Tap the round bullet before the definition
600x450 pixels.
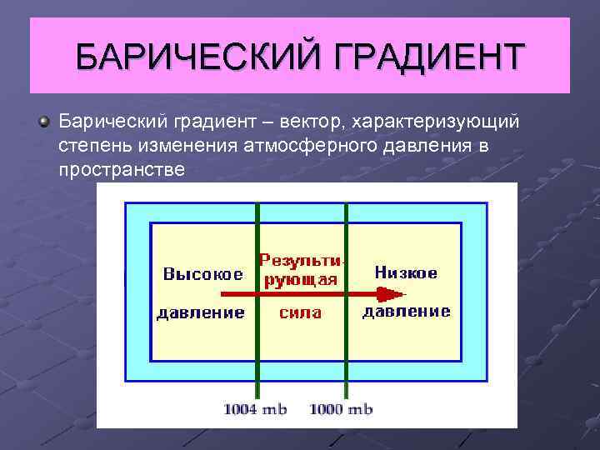click(43, 122)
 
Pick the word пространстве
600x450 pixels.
click(122, 169)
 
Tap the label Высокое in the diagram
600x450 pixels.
click(202, 273)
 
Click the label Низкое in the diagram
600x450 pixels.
click(406, 272)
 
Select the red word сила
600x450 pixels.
click(300, 313)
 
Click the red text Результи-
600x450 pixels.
click(302, 259)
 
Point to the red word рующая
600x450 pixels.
click(301, 278)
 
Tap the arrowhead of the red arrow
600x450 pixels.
click(389, 294)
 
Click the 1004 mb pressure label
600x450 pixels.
click(255, 409)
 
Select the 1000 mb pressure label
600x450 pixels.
click(341, 409)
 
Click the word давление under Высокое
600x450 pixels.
click(201, 313)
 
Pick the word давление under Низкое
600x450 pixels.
click(406, 312)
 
